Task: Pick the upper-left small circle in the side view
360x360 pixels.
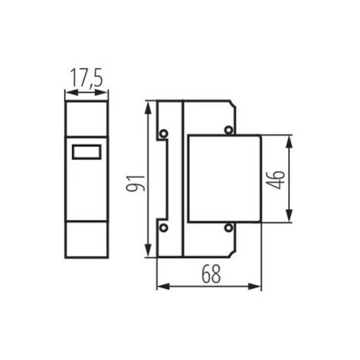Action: point(162,136)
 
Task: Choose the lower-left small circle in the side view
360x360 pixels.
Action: point(162,227)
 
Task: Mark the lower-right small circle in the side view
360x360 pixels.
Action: point(227,227)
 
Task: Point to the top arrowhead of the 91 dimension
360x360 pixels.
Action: point(146,104)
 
